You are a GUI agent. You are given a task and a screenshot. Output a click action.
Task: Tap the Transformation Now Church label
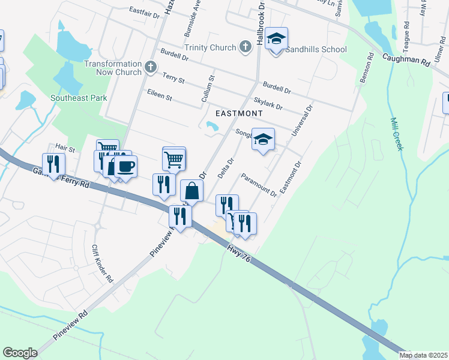113,68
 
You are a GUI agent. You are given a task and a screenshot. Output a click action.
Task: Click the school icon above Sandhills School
276,39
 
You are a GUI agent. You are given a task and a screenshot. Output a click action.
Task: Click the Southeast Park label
79,98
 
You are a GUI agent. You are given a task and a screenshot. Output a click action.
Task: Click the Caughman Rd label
407,61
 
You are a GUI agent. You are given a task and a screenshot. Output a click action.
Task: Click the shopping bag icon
191,191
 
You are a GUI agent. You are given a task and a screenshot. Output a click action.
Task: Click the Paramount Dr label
259,185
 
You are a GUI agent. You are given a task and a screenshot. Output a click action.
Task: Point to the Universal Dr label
302,121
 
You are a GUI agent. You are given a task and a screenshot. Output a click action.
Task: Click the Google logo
20,353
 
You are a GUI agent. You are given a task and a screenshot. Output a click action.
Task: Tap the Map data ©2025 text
423,355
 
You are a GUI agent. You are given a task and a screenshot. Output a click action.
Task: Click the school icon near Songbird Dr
262,140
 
